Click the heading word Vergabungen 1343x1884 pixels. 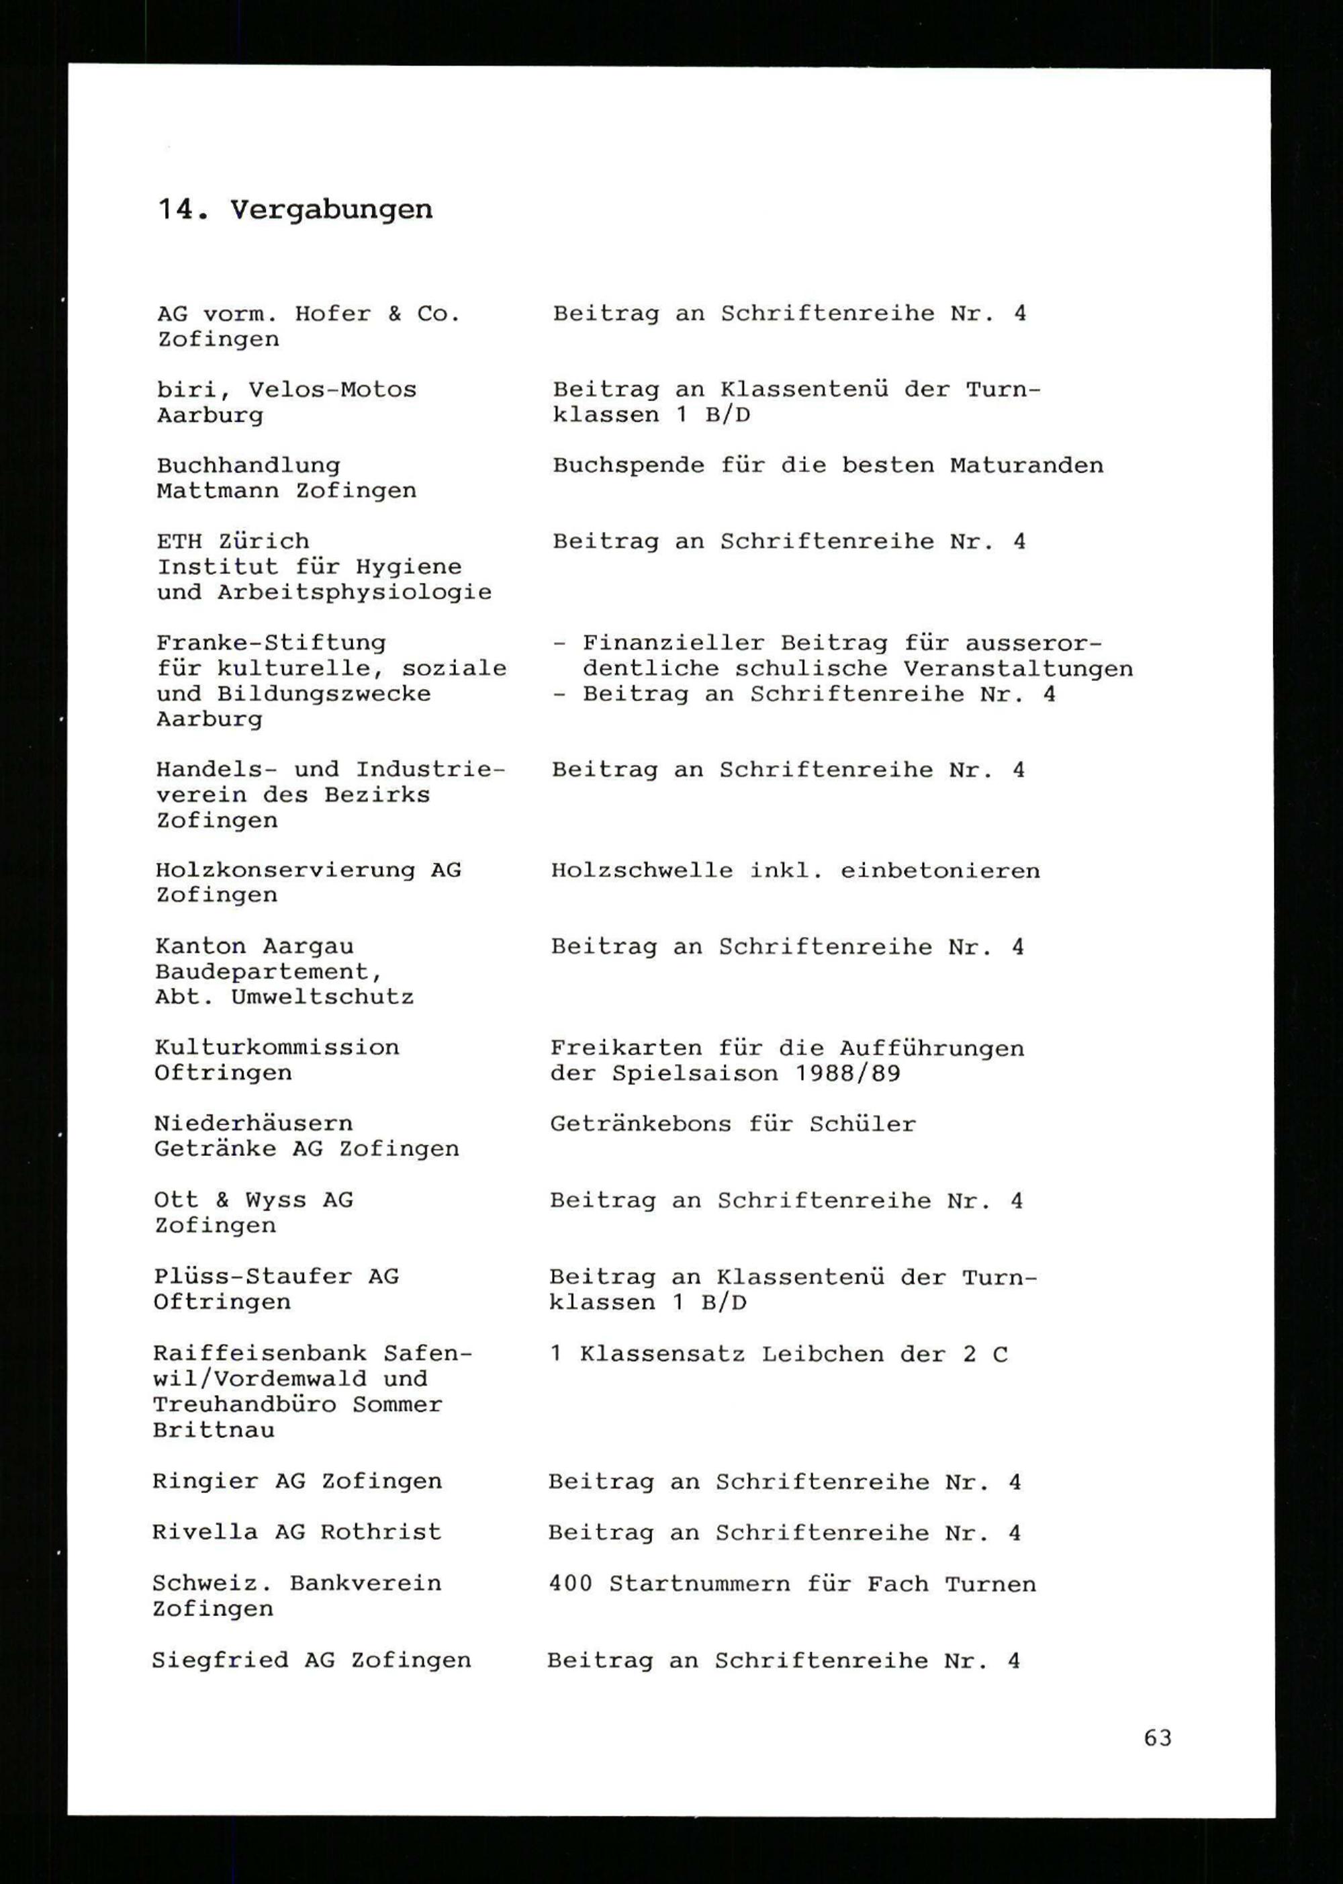[331, 210]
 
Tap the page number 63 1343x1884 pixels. [1158, 1738]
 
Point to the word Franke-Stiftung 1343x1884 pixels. [271, 643]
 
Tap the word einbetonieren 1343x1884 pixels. [940, 871]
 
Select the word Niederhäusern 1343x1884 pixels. [253, 1123]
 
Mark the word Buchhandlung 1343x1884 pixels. [248, 465]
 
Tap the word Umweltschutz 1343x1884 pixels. [322, 997]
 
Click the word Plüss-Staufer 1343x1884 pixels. [252, 1277]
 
